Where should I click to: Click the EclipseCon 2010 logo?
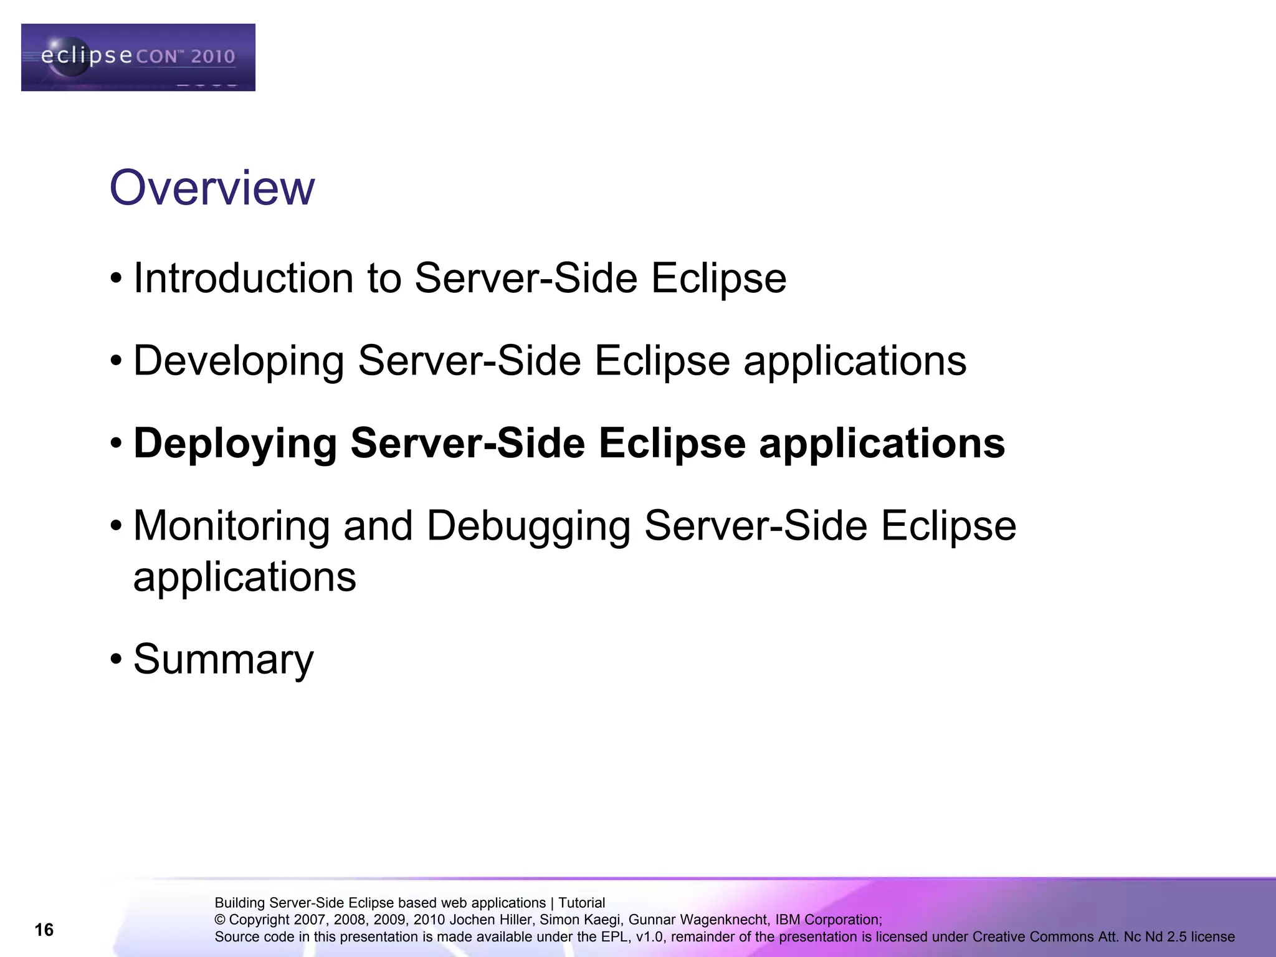pyautogui.click(x=138, y=57)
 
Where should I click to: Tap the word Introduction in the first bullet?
pyautogui.click(x=243, y=278)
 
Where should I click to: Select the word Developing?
pyautogui.click(x=239, y=361)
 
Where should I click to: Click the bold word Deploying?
pyautogui.click(x=236, y=444)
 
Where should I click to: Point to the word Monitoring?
pyautogui.click(x=232, y=525)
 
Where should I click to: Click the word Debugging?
pyautogui.click(x=528, y=526)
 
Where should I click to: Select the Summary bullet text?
pyautogui.click(x=224, y=659)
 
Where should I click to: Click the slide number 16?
pyautogui.click(x=44, y=930)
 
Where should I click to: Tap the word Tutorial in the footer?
pyautogui.click(x=581, y=903)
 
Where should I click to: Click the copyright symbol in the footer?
pyautogui.click(x=219, y=920)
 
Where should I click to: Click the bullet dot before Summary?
pyautogui.click(x=116, y=659)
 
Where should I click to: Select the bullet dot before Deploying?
pyautogui.click(x=116, y=444)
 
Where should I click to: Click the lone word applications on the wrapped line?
pyautogui.click(x=245, y=578)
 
